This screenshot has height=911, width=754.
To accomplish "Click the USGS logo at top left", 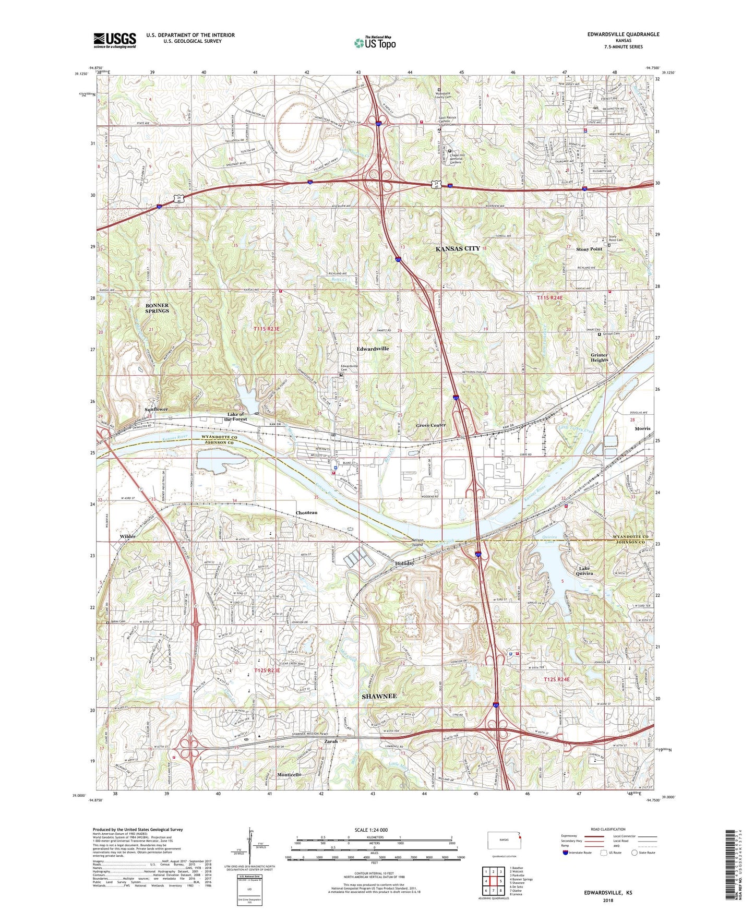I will click(115, 40).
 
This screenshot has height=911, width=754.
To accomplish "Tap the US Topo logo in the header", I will click(374, 43).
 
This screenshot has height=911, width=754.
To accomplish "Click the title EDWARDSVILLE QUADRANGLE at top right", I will click(616, 34).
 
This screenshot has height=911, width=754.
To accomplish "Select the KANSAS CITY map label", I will click(457, 249).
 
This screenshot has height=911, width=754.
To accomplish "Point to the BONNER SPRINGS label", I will click(157, 308).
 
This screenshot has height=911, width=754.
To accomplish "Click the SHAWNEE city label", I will click(379, 696).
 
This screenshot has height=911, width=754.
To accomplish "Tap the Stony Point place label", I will click(589, 249).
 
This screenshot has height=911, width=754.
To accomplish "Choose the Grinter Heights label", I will click(599, 357).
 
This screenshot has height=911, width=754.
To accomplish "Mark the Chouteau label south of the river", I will click(306, 513).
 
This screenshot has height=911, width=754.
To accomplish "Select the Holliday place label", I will click(404, 564).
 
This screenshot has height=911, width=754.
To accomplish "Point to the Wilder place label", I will click(127, 536).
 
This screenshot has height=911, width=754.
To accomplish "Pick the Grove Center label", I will click(430, 425).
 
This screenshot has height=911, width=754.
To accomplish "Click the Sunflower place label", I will click(156, 410).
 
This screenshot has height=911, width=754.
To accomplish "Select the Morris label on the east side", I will click(642, 428).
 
